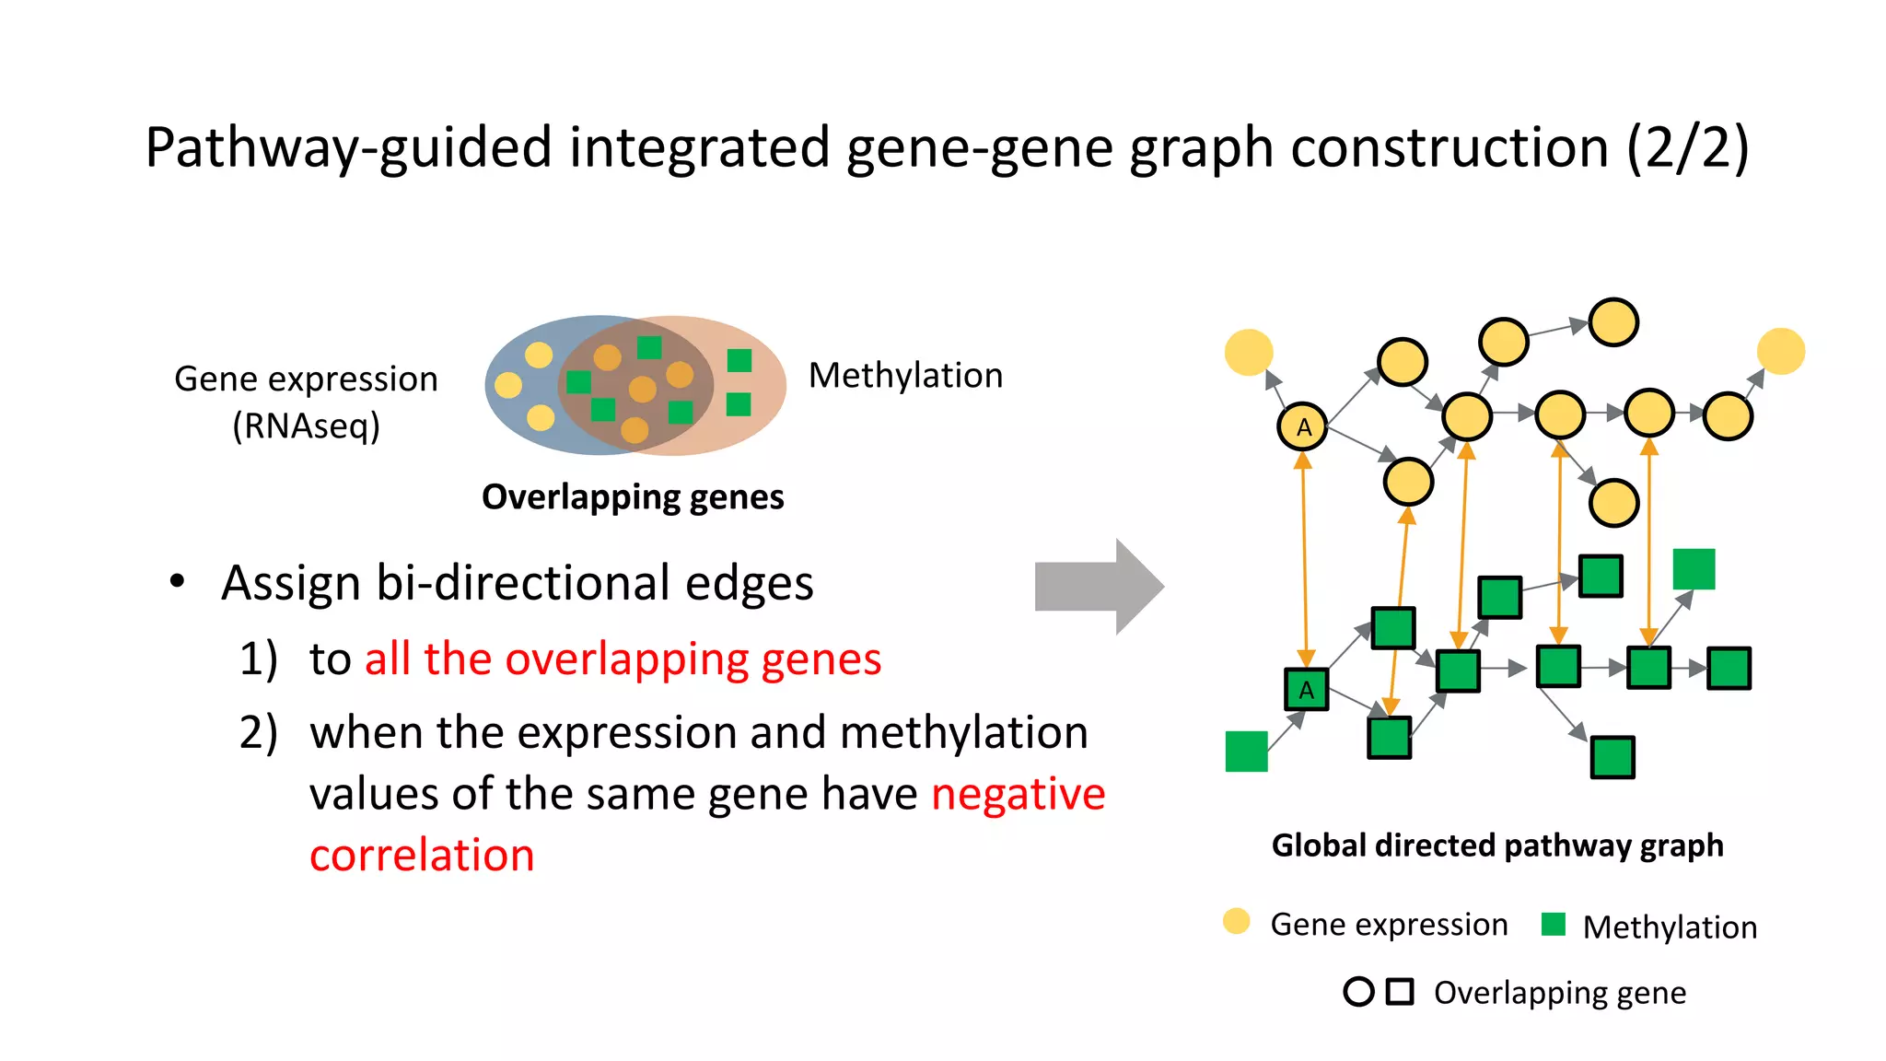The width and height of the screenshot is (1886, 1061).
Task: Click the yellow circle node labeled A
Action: [1302, 426]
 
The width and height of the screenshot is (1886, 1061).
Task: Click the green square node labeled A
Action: [1306, 689]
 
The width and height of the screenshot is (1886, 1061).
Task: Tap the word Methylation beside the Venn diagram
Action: [905, 376]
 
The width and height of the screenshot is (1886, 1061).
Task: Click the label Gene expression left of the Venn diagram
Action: [306, 379]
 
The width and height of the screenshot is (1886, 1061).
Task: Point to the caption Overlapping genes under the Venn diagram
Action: [633, 497]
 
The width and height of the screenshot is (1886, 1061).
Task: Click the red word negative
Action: [1018, 794]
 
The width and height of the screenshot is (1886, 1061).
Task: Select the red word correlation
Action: [422, 855]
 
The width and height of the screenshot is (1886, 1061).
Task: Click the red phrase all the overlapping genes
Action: [623, 659]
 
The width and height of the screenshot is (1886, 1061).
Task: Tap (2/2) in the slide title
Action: [1687, 147]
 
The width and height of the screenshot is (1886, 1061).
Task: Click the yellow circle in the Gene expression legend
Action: [1236, 921]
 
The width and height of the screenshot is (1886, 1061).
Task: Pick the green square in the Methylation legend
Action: [1553, 924]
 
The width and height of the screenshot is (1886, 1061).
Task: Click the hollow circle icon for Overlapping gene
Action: [1358, 992]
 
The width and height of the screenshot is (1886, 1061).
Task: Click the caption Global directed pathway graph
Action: [1496, 845]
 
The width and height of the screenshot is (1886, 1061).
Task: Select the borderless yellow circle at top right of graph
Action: [1780, 351]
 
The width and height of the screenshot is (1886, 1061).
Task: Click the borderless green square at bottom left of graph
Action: [1246, 751]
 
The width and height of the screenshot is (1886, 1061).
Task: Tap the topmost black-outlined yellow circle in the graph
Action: [1613, 322]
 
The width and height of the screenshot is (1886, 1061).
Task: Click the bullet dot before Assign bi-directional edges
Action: [178, 582]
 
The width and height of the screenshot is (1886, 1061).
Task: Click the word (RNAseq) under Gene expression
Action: [306, 426]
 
